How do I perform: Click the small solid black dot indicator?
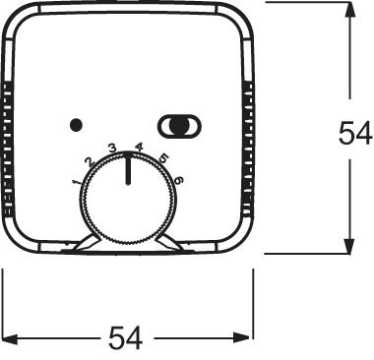tap(76, 125)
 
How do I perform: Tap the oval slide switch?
tap(180, 126)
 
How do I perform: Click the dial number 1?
tap(77, 181)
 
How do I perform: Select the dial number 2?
tap(90, 161)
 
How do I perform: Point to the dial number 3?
tap(112, 149)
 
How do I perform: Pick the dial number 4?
tap(140, 148)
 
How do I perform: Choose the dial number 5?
tap(163, 158)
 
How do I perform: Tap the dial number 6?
tap(179, 180)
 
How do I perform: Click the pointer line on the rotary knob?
tap(128, 168)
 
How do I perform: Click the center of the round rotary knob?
tap(128, 199)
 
